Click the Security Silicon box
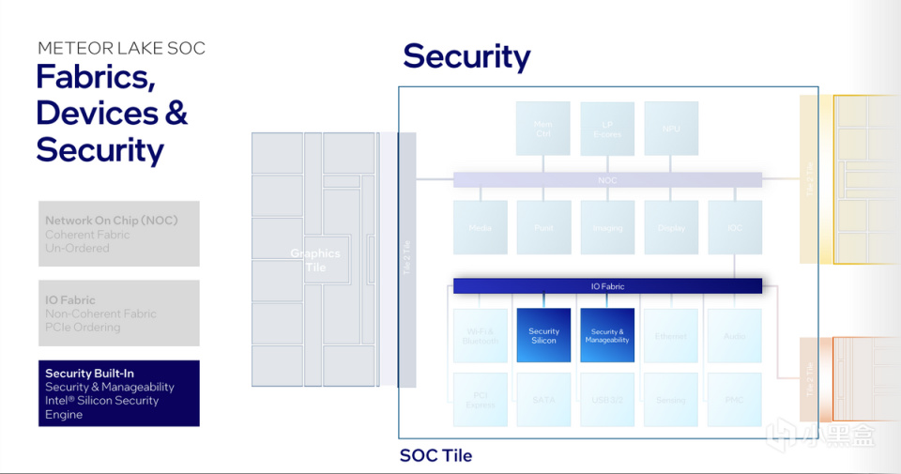pos(543,335)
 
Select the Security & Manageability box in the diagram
pos(607,335)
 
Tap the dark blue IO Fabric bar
pos(607,286)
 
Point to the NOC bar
pos(607,179)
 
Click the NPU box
pos(671,129)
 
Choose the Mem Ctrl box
pos(543,129)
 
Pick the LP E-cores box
pos(607,129)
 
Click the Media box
pos(480,227)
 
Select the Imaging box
pos(607,227)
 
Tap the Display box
pos(671,227)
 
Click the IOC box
pos(735,227)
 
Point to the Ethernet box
pos(671,335)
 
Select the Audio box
pos(735,335)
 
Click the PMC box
pos(735,400)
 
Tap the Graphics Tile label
pos(315,260)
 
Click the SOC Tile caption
pos(435,456)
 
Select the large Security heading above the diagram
pos(466,56)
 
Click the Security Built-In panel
pos(119,393)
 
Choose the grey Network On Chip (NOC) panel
pos(119,234)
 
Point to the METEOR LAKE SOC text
pos(121,48)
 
